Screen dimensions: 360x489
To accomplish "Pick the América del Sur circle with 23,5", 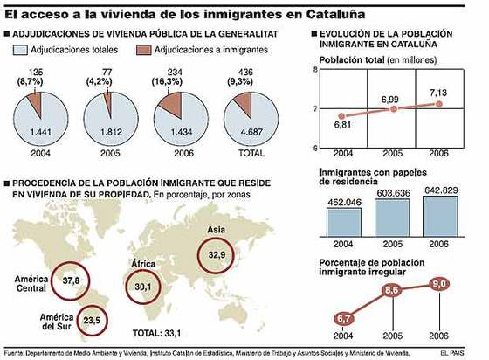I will coord(92,320).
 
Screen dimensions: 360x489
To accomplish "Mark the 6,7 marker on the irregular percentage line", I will coord(345,317).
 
